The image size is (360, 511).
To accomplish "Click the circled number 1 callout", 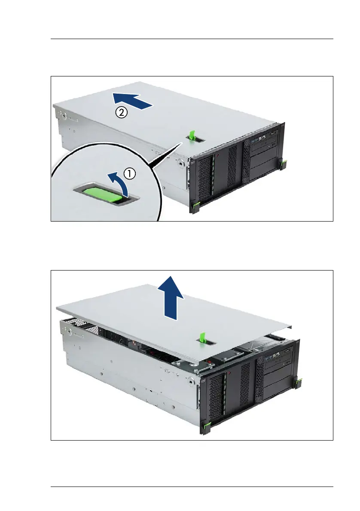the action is [130, 174].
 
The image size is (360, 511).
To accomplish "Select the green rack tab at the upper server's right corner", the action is [284, 164].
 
